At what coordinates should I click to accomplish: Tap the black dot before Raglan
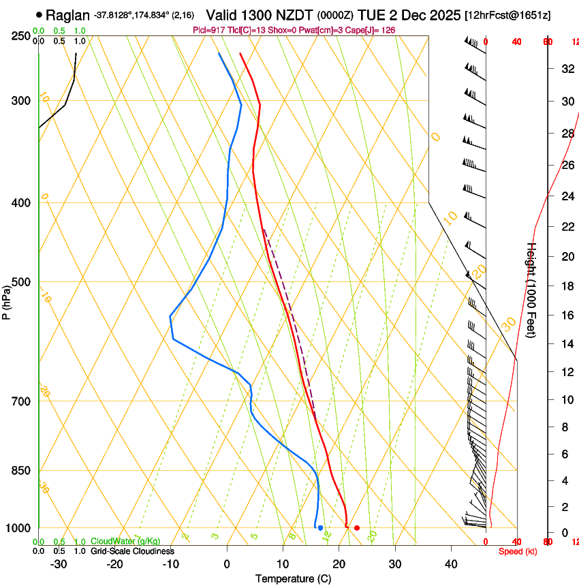pyautogui.click(x=39, y=14)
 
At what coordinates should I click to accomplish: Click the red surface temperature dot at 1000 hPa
pyautogui.click(x=356, y=528)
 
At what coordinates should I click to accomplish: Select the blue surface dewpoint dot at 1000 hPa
pyautogui.click(x=320, y=528)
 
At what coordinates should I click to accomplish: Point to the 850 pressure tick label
pyautogui.click(x=22, y=471)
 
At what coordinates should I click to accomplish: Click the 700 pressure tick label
pyautogui.click(x=22, y=401)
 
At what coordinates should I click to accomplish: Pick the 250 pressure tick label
pyautogui.click(x=22, y=36)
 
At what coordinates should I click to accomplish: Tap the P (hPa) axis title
pyautogui.click(x=7, y=300)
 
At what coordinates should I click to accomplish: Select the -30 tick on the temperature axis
pyautogui.click(x=59, y=564)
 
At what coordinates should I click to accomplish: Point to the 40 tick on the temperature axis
pyautogui.click(x=450, y=564)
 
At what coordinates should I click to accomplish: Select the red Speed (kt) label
pyautogui.click(x=518, y=551)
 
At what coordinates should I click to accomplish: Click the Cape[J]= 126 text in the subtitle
pyautogui.click(x=373, y=30)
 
